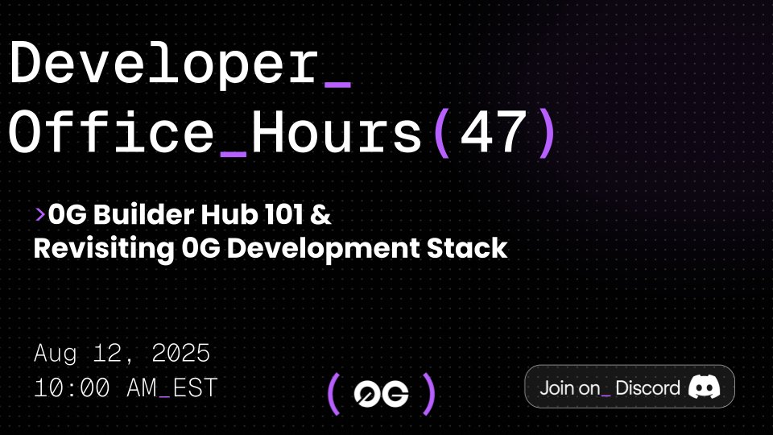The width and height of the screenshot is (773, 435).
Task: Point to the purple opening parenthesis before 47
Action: (440, 133)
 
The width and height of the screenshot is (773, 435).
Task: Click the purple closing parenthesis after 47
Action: (547, 133)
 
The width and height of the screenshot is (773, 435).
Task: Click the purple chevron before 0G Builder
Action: (39, 215)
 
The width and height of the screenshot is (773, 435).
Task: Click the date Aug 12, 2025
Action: (122, 353)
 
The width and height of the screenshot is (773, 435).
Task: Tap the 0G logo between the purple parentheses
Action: (382, 394)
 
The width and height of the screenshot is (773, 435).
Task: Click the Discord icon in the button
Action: (704, 387)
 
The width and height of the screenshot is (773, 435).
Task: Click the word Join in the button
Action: (557, 387)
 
